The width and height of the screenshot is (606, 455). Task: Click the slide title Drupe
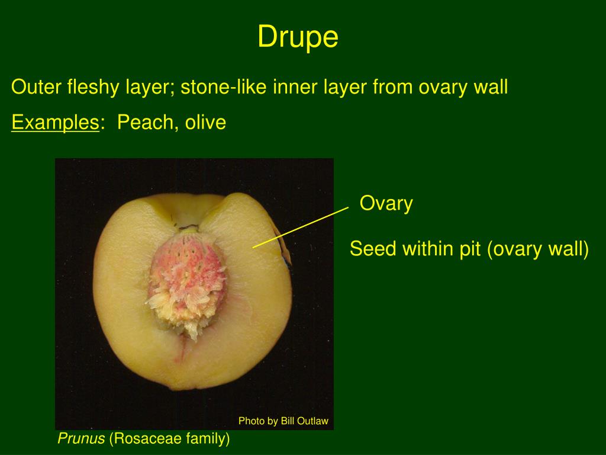pos(298,37)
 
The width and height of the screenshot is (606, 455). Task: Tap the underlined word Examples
pos(55,123)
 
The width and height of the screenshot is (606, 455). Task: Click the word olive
pos(205,123)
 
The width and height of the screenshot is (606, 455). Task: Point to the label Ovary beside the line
pos(386,204)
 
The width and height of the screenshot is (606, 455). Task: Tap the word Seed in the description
pos(373,249)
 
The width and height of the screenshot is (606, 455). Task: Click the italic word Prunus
pos(81,438)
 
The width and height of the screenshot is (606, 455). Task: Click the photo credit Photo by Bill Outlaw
pos(283,421)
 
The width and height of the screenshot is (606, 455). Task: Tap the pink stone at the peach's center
pos(184,278)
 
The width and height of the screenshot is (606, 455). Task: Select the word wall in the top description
pos(491,88)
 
